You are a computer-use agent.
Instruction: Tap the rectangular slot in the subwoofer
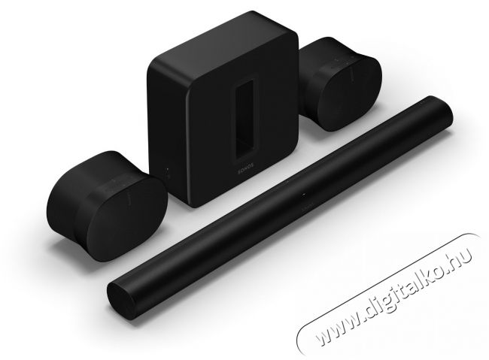(244, 118)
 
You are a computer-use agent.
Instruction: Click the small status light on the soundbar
(303, 195)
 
